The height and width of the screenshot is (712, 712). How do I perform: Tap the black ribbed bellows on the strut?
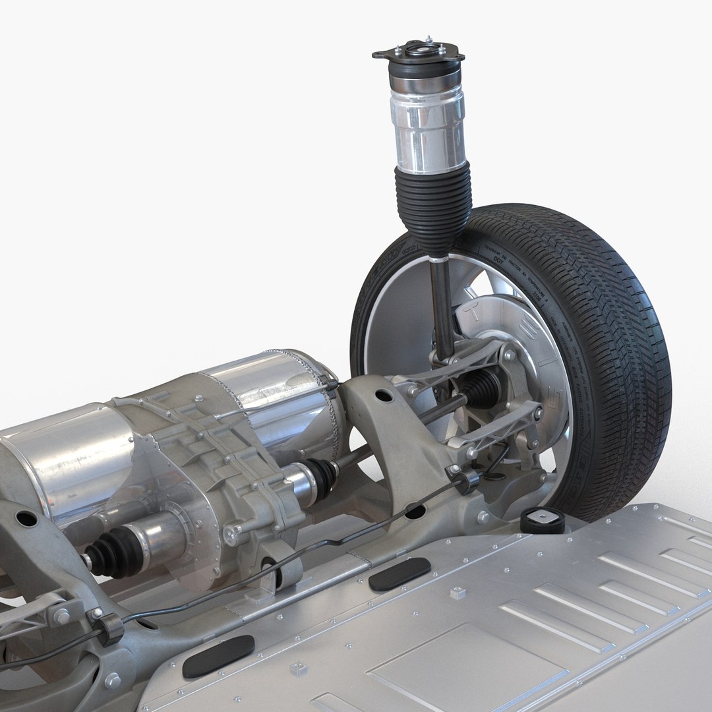[x=433, y=204]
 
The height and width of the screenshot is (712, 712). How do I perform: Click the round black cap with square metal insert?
[x=543, y=520]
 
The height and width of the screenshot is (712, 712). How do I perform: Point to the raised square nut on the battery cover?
[x=456, y=592]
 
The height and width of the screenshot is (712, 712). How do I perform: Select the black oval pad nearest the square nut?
[x=400, y=574]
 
